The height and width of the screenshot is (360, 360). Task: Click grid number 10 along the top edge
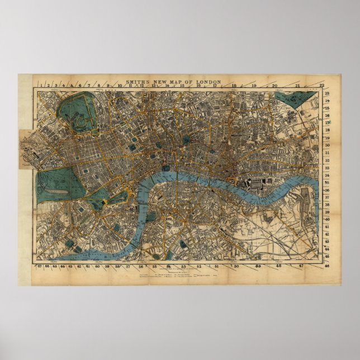click(x=119, y=86)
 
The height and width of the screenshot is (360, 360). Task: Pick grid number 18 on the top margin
click(x=234, y=86)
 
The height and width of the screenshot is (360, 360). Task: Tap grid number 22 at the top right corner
click(x=321, y=86)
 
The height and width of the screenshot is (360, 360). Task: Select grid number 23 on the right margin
click(x=327, y=93)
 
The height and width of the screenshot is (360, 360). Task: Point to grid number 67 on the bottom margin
click(x=39, y=267)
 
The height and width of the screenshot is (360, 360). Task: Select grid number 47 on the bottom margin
click(x=301, y=267)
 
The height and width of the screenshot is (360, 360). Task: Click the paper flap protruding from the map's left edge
click(x=27, y=149)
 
